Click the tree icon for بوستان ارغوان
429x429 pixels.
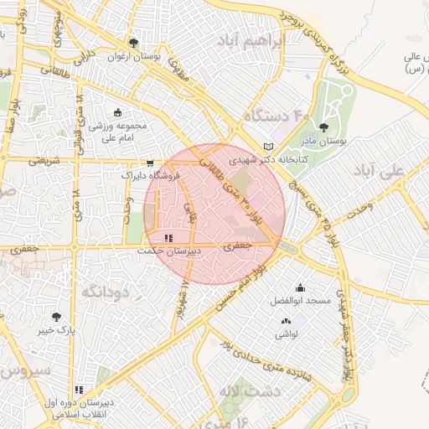point(133,42)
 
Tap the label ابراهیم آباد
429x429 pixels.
point(251,40)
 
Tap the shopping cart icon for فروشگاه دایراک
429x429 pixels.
point(150,163)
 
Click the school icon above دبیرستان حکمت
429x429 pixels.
point(169,239)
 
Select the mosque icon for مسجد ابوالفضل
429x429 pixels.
point(300,287)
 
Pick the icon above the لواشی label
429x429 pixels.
point(287,321)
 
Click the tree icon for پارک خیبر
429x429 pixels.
point(56,317)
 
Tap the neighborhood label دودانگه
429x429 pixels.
point(105,291)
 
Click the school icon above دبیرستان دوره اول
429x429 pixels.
point(79,390)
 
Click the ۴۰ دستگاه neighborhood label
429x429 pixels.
point(277,115)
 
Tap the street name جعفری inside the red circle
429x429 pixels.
point(237,246)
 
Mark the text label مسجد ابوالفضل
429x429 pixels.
point(300,300)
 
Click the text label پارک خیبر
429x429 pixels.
point(56,330)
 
